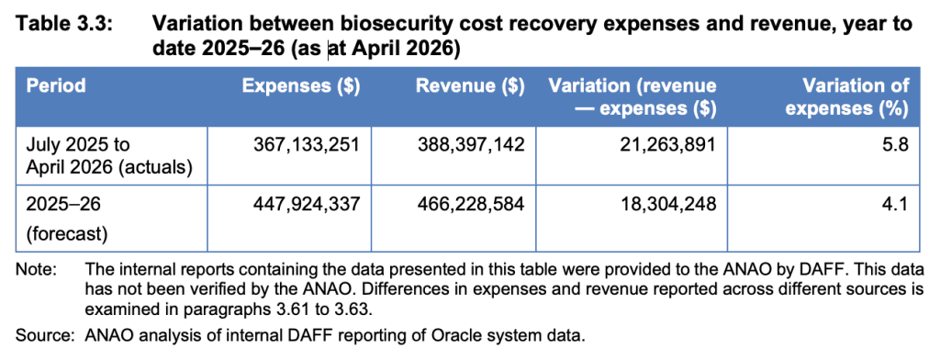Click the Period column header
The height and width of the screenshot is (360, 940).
(x=56, y=85)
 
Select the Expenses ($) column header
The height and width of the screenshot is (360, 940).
(x=300, y=85)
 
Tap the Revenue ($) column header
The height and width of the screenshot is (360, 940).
(x=470, y=85)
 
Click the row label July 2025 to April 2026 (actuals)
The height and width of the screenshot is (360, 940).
(x=108, y=156)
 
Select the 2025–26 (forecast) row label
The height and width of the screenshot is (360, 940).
(x=66, y=219)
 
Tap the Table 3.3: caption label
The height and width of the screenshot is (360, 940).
(x=63, y=25)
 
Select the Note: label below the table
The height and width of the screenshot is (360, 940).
(x=36, y=267)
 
